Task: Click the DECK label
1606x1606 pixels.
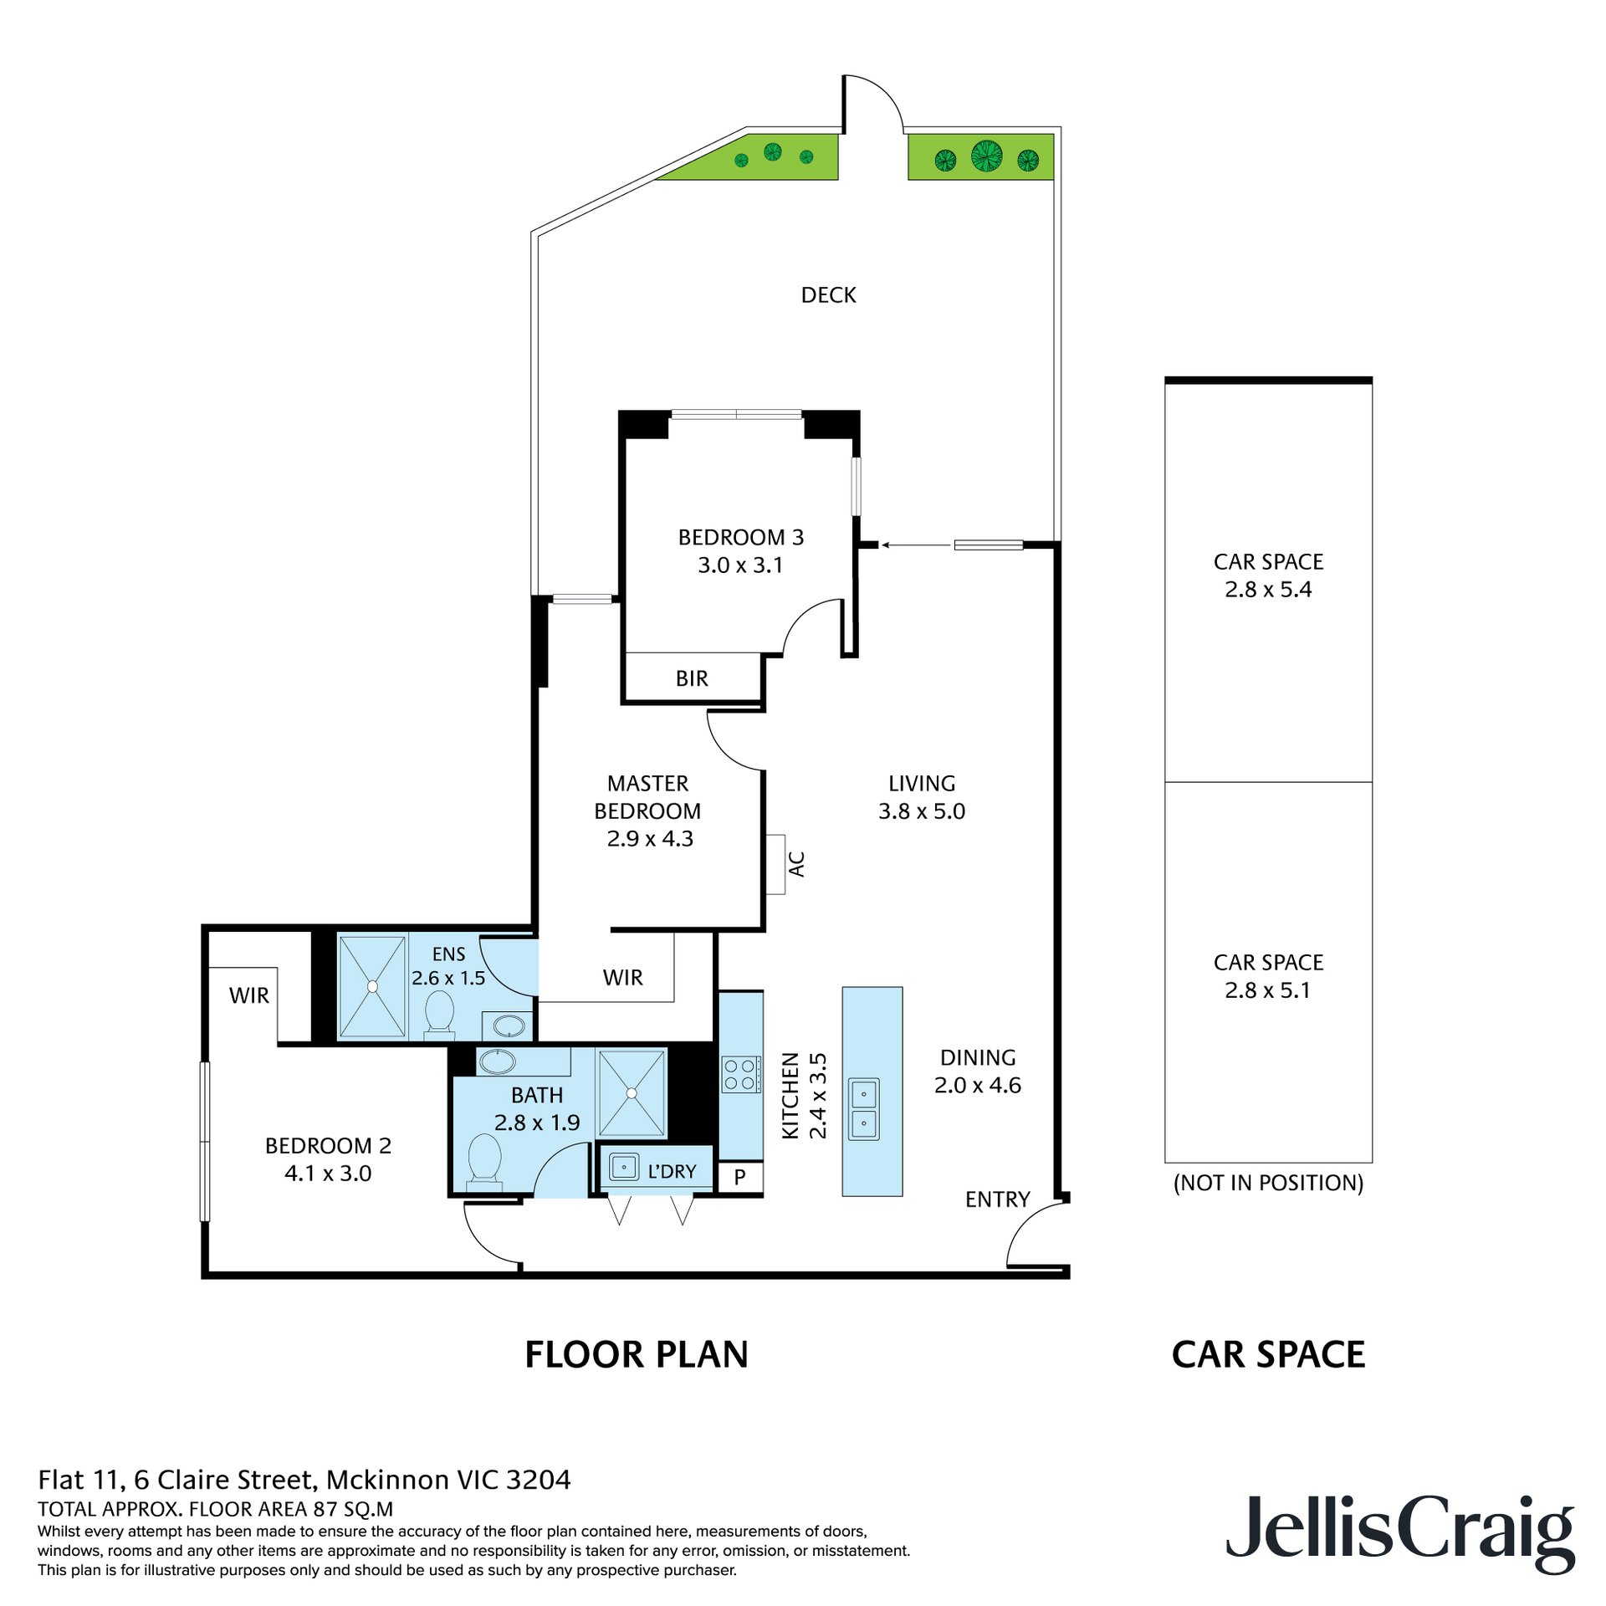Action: point(828,295)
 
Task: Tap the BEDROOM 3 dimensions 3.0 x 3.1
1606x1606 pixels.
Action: point(740,565)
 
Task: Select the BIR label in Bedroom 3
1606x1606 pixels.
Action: point(692,678)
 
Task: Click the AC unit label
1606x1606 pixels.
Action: point(797,864)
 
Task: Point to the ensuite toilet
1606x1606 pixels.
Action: point(439,1014)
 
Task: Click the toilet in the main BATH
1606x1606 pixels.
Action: point(484,1160)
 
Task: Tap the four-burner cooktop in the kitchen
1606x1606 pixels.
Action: point(741,1075)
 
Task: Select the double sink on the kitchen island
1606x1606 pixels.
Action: point(864,1108)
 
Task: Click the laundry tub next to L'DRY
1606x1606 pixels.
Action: point(624,1167)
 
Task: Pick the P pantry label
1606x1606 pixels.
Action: point(739,1178)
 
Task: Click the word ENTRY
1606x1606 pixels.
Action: point(997,1199)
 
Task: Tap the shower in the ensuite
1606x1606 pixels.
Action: point(372,987)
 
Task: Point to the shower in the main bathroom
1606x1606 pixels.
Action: point(632,1093)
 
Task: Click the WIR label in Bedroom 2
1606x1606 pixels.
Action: point(249,995)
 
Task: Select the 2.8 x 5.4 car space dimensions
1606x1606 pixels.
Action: point(1268,590)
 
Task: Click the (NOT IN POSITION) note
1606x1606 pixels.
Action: point(1268,1183)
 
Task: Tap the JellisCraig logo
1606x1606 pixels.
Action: point(1400,1535)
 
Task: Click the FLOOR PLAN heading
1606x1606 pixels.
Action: point(637,1355)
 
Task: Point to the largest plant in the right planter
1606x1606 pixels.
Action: point(987,156)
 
